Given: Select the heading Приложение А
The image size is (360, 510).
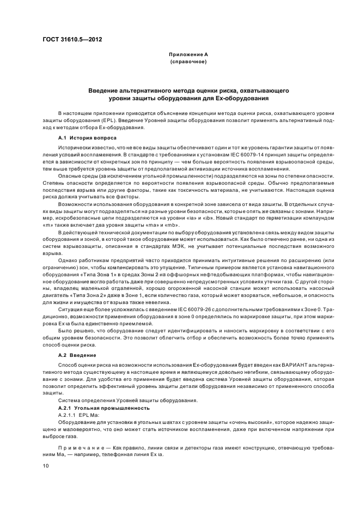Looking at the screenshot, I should click(x=188, y=55).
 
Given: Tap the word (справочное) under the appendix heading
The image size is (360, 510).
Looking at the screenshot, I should click(x=188, y=62).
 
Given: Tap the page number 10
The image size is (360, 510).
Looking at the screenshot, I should click(x=46, y=466).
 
